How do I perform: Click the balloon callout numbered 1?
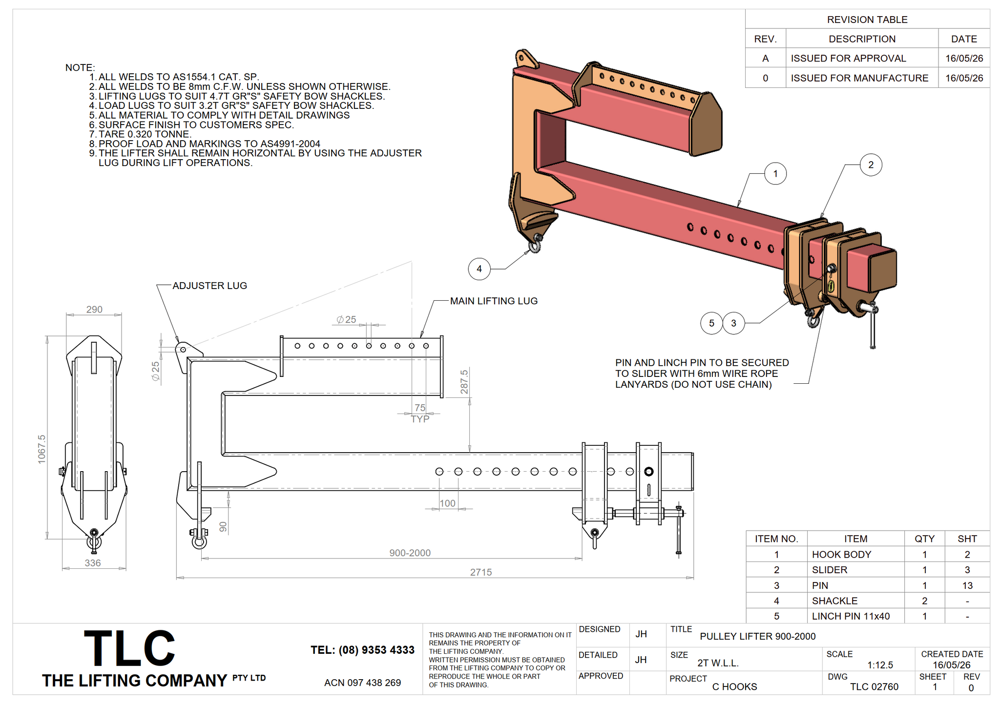coord(775,174)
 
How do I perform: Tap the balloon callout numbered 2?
coord(871,165)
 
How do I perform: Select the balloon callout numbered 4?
coord(479,269)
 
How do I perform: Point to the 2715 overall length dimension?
coord(481,572)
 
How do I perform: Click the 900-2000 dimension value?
coord(410,553)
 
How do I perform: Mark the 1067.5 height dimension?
coord(42,449)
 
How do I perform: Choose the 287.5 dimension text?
coord(464,382)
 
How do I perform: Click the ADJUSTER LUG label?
coord(210,286)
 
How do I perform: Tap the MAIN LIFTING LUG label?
coord(494,301)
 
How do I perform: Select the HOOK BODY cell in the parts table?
coord(841,555)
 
